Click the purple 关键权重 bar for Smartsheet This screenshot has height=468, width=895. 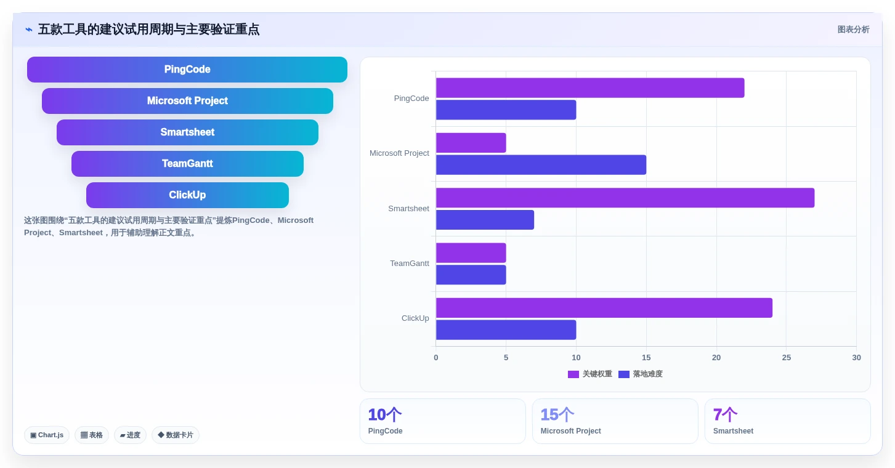point(625,198)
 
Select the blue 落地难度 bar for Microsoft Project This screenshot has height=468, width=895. point(541,165)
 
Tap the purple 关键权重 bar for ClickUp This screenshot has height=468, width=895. point(604,308)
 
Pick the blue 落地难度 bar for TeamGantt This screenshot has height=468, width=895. point(471,275)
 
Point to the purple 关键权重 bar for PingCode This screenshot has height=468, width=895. point(590,88)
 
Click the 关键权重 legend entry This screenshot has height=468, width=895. point(589,374)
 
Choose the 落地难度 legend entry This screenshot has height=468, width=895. point(641,374)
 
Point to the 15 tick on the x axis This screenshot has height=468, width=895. point(646,357)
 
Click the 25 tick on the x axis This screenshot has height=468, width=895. point(787,357)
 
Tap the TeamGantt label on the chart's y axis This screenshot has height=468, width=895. point(410,264)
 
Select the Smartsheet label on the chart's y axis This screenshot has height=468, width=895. point(408,208)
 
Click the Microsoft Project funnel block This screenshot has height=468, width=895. point(187,101)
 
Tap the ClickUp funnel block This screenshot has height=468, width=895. point(187,195)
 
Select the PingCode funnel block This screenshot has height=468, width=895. point(187,70)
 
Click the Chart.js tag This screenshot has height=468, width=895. point(47,435)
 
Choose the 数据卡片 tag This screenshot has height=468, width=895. point(176,435)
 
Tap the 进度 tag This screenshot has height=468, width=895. point(130,435)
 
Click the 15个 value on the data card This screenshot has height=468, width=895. point(557,415)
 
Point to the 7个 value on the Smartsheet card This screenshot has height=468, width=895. point(725,415)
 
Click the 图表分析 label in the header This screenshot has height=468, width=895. point(854,30)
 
